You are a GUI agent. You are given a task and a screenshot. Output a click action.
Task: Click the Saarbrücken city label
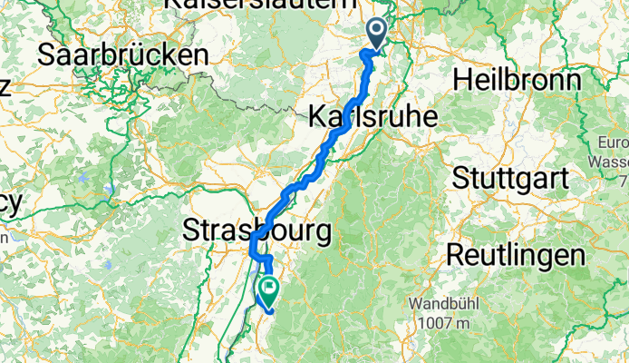pyautogui.click(x=122, y=54)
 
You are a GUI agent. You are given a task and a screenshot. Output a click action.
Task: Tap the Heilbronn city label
pyautogui.click(x=517, y=80)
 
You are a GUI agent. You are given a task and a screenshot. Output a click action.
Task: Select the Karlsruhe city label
pyautogui.click(x=373, y=116)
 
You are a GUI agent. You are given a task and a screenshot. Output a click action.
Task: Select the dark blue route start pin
pyautogui.click(x=376, y=34)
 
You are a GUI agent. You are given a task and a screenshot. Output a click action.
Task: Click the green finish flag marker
pyautogui.click(x=269, y=289)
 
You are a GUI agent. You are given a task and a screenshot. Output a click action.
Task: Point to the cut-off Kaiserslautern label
pyautogui.click(x=258, y=5)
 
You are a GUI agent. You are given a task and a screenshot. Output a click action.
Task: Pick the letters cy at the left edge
pyautogui.click(x=9, y=203)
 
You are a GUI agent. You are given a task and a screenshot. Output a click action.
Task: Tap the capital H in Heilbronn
pyautogui.click(x=461, y=80)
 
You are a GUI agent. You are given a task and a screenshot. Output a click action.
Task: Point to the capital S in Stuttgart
pyautogui.click(x=460, y=176)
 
